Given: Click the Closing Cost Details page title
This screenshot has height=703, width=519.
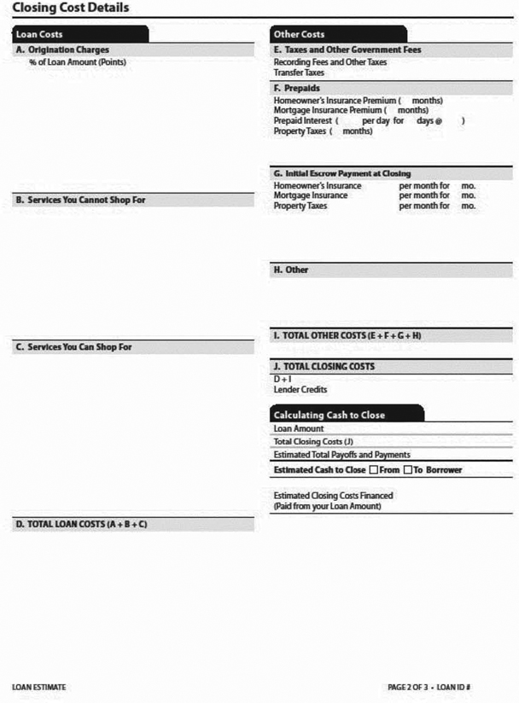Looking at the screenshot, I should tap(71, 8).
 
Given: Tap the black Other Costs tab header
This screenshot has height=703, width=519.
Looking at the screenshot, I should tap(299, 34).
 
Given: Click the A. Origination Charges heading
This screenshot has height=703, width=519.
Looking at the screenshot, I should tap(63, 50).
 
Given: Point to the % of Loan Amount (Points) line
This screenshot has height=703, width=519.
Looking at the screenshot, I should tap(78, 62).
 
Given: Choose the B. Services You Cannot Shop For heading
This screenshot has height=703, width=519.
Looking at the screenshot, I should tap(85, 200).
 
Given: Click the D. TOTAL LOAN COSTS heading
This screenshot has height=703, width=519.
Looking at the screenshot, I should tap(81, 524).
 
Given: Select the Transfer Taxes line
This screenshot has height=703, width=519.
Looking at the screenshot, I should tap(299, 73).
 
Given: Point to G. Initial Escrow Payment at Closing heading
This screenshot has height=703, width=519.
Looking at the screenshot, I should tap(341, 173).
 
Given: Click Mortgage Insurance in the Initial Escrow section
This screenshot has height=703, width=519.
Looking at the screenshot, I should tap(311, 195).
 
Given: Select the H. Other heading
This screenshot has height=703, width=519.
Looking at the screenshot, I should tap(291, 270).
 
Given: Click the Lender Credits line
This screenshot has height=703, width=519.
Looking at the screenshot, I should tap(300, 389).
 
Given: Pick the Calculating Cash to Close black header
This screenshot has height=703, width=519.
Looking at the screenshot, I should tap(329, 415).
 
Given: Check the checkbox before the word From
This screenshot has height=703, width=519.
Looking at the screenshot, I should tap(373, 470).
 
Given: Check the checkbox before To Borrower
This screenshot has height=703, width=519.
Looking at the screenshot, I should tap(408, 470).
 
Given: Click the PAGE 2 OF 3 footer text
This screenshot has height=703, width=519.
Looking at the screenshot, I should tap(410, 687).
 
